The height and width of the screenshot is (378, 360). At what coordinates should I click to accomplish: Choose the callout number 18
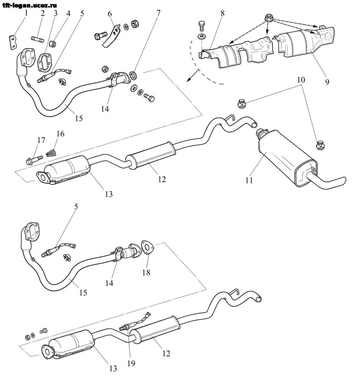147,272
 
